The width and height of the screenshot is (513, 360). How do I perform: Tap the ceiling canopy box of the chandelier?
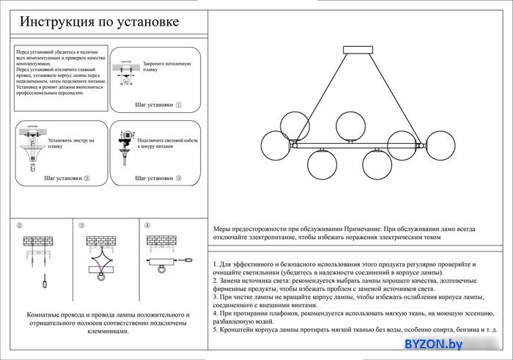pos(358,51)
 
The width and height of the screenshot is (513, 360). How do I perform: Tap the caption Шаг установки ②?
pos(67,178)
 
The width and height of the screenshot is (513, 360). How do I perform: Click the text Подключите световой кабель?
pos(168,140)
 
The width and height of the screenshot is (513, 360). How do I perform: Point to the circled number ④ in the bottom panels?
pos(147,226)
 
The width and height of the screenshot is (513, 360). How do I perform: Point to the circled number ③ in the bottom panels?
pos(82,226)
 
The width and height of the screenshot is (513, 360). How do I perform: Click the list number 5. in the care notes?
pos(215,330)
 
